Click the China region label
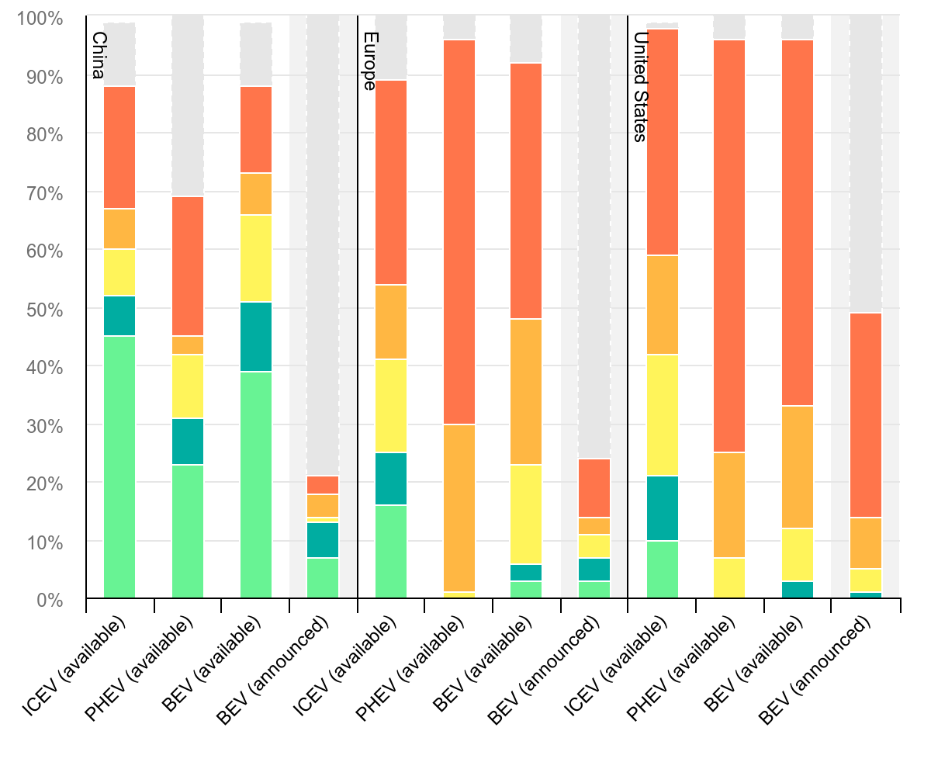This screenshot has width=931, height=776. coord(98,55)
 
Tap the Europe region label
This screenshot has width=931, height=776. coord(369,61)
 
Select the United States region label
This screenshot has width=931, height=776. coord(639,87)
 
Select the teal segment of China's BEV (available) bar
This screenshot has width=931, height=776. coord(256,337)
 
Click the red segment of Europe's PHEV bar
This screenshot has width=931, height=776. coord(459,232)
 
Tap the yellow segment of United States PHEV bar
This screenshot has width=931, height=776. coord(729,578)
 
